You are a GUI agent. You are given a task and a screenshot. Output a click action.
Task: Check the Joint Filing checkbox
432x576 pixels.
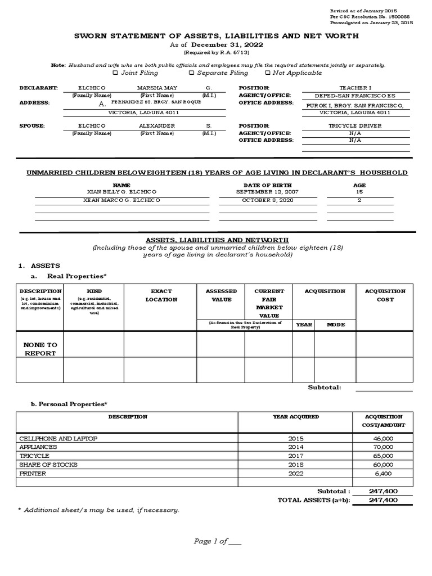click(115, 73)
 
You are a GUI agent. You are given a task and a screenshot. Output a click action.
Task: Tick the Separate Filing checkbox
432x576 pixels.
click(191, 73)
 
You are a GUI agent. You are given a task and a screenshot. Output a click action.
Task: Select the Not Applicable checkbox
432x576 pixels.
click(267, 73)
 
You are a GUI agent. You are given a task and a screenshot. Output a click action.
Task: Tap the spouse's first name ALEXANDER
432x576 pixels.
click(157, 126)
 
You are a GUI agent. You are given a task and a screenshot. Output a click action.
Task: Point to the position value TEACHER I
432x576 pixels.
click(355, 88)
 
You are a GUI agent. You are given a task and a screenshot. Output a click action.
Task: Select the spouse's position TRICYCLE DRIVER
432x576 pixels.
click(355, 126)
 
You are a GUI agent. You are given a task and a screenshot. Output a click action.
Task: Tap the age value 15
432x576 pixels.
click(359, 192)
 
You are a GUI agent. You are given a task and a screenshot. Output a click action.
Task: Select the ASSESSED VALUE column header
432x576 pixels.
click(221, 295)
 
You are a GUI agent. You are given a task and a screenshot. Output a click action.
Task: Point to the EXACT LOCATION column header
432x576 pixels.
click(161, 295)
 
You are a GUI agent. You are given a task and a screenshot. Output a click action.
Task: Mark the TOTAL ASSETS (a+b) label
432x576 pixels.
click(313, 500)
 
